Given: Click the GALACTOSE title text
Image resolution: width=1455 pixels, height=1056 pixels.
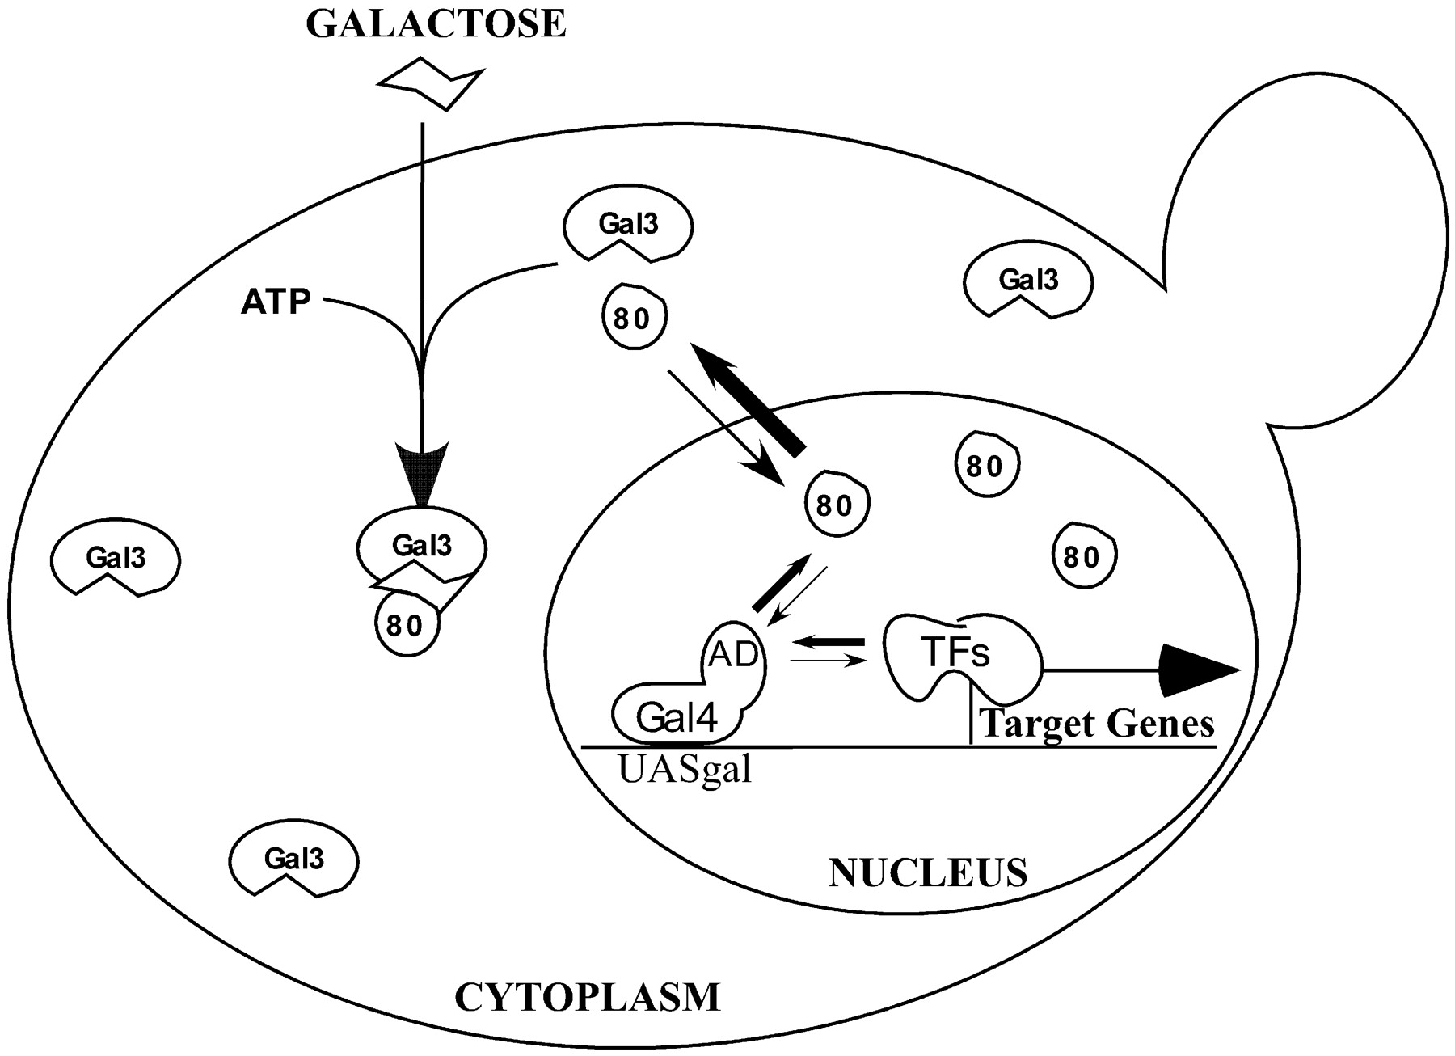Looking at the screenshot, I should tap(436, 24).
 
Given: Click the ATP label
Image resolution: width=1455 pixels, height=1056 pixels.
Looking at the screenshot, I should tap(276, 302).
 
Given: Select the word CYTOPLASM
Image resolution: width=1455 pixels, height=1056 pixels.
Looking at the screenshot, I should tap(587, 997).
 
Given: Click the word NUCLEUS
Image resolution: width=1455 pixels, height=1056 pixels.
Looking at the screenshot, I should tap(928, 873).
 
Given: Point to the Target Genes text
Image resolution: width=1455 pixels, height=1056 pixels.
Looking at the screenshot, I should tap(1097, 723).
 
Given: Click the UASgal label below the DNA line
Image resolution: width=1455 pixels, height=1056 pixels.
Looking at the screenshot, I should tap(685, 770).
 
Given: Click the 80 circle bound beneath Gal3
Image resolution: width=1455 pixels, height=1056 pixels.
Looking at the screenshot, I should tap(407, 625).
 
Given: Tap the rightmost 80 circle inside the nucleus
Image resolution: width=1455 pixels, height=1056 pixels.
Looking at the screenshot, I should tap(1083, 556).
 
